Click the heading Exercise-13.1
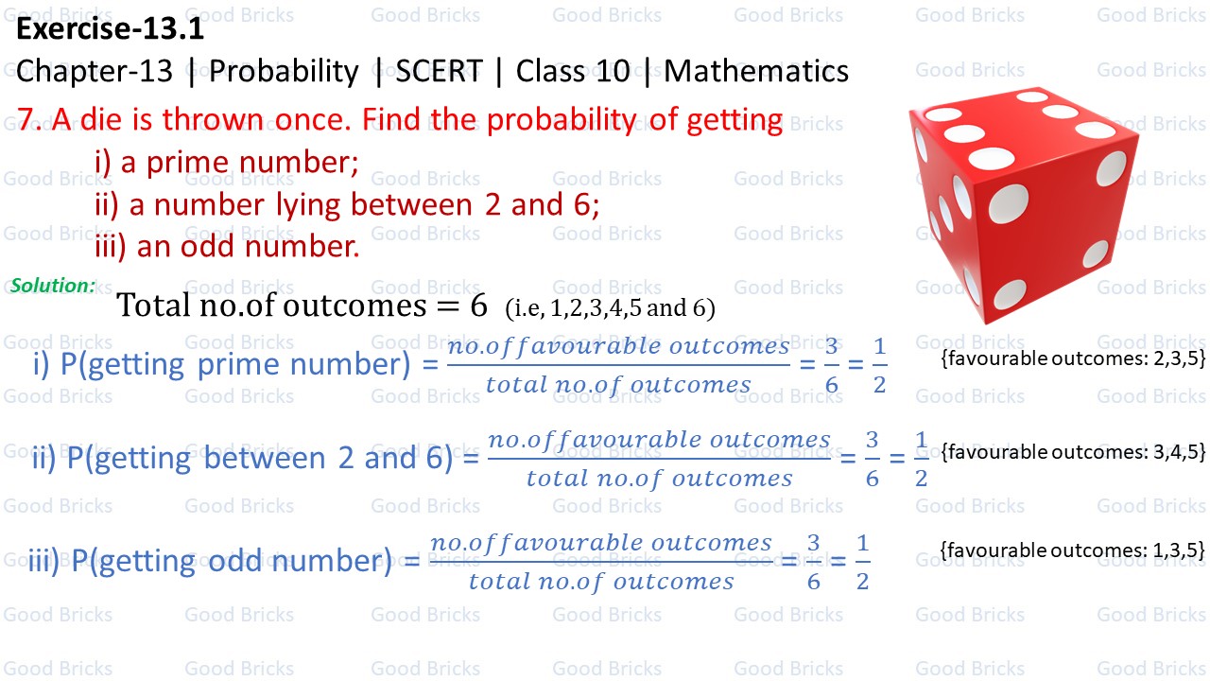point(110,30)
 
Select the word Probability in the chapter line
point(284,72)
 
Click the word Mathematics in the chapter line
point(756,72)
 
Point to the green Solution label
point(53,285)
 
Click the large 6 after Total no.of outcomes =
point(479,305)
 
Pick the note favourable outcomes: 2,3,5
point(1074,358)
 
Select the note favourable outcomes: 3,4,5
point(1074,452)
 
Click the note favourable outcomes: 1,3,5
point(1074,550)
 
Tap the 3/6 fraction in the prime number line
point(831,366)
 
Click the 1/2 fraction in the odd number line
point(862,563)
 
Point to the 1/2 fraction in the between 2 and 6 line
point(922,460)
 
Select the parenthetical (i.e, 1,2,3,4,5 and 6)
point(610,307)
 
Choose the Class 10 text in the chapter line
point(573,72)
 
